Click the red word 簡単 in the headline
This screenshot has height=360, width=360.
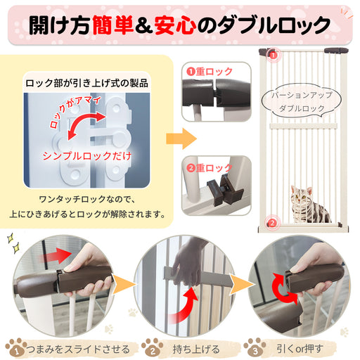[x=113, y=25]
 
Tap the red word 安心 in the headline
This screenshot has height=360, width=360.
[x=175, y=25]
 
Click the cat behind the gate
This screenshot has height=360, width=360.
[x=309, y=204]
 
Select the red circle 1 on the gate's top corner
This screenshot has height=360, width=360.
[x=274, y=56]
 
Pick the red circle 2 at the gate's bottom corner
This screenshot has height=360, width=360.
[x=272, y=223]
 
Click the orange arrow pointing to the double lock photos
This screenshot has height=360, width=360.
[x=181, y=139]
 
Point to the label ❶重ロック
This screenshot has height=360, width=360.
[x=210, y=72]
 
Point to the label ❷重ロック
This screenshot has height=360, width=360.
[x=210, y=168]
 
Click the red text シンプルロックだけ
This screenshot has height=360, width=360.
[x=86, y=156]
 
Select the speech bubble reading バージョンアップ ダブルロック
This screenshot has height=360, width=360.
[x=302, y=101]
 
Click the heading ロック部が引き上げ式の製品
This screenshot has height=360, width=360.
[x=86, y=83]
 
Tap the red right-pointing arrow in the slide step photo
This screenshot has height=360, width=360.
[x=56, y=255]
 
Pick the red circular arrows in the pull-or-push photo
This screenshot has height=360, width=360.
[x=285, y=289]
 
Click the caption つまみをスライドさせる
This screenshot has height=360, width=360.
[x=78, y=349]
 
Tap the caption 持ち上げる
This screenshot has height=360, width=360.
[x=196, y=349]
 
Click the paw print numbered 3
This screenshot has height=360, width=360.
[x=255, y=347]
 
